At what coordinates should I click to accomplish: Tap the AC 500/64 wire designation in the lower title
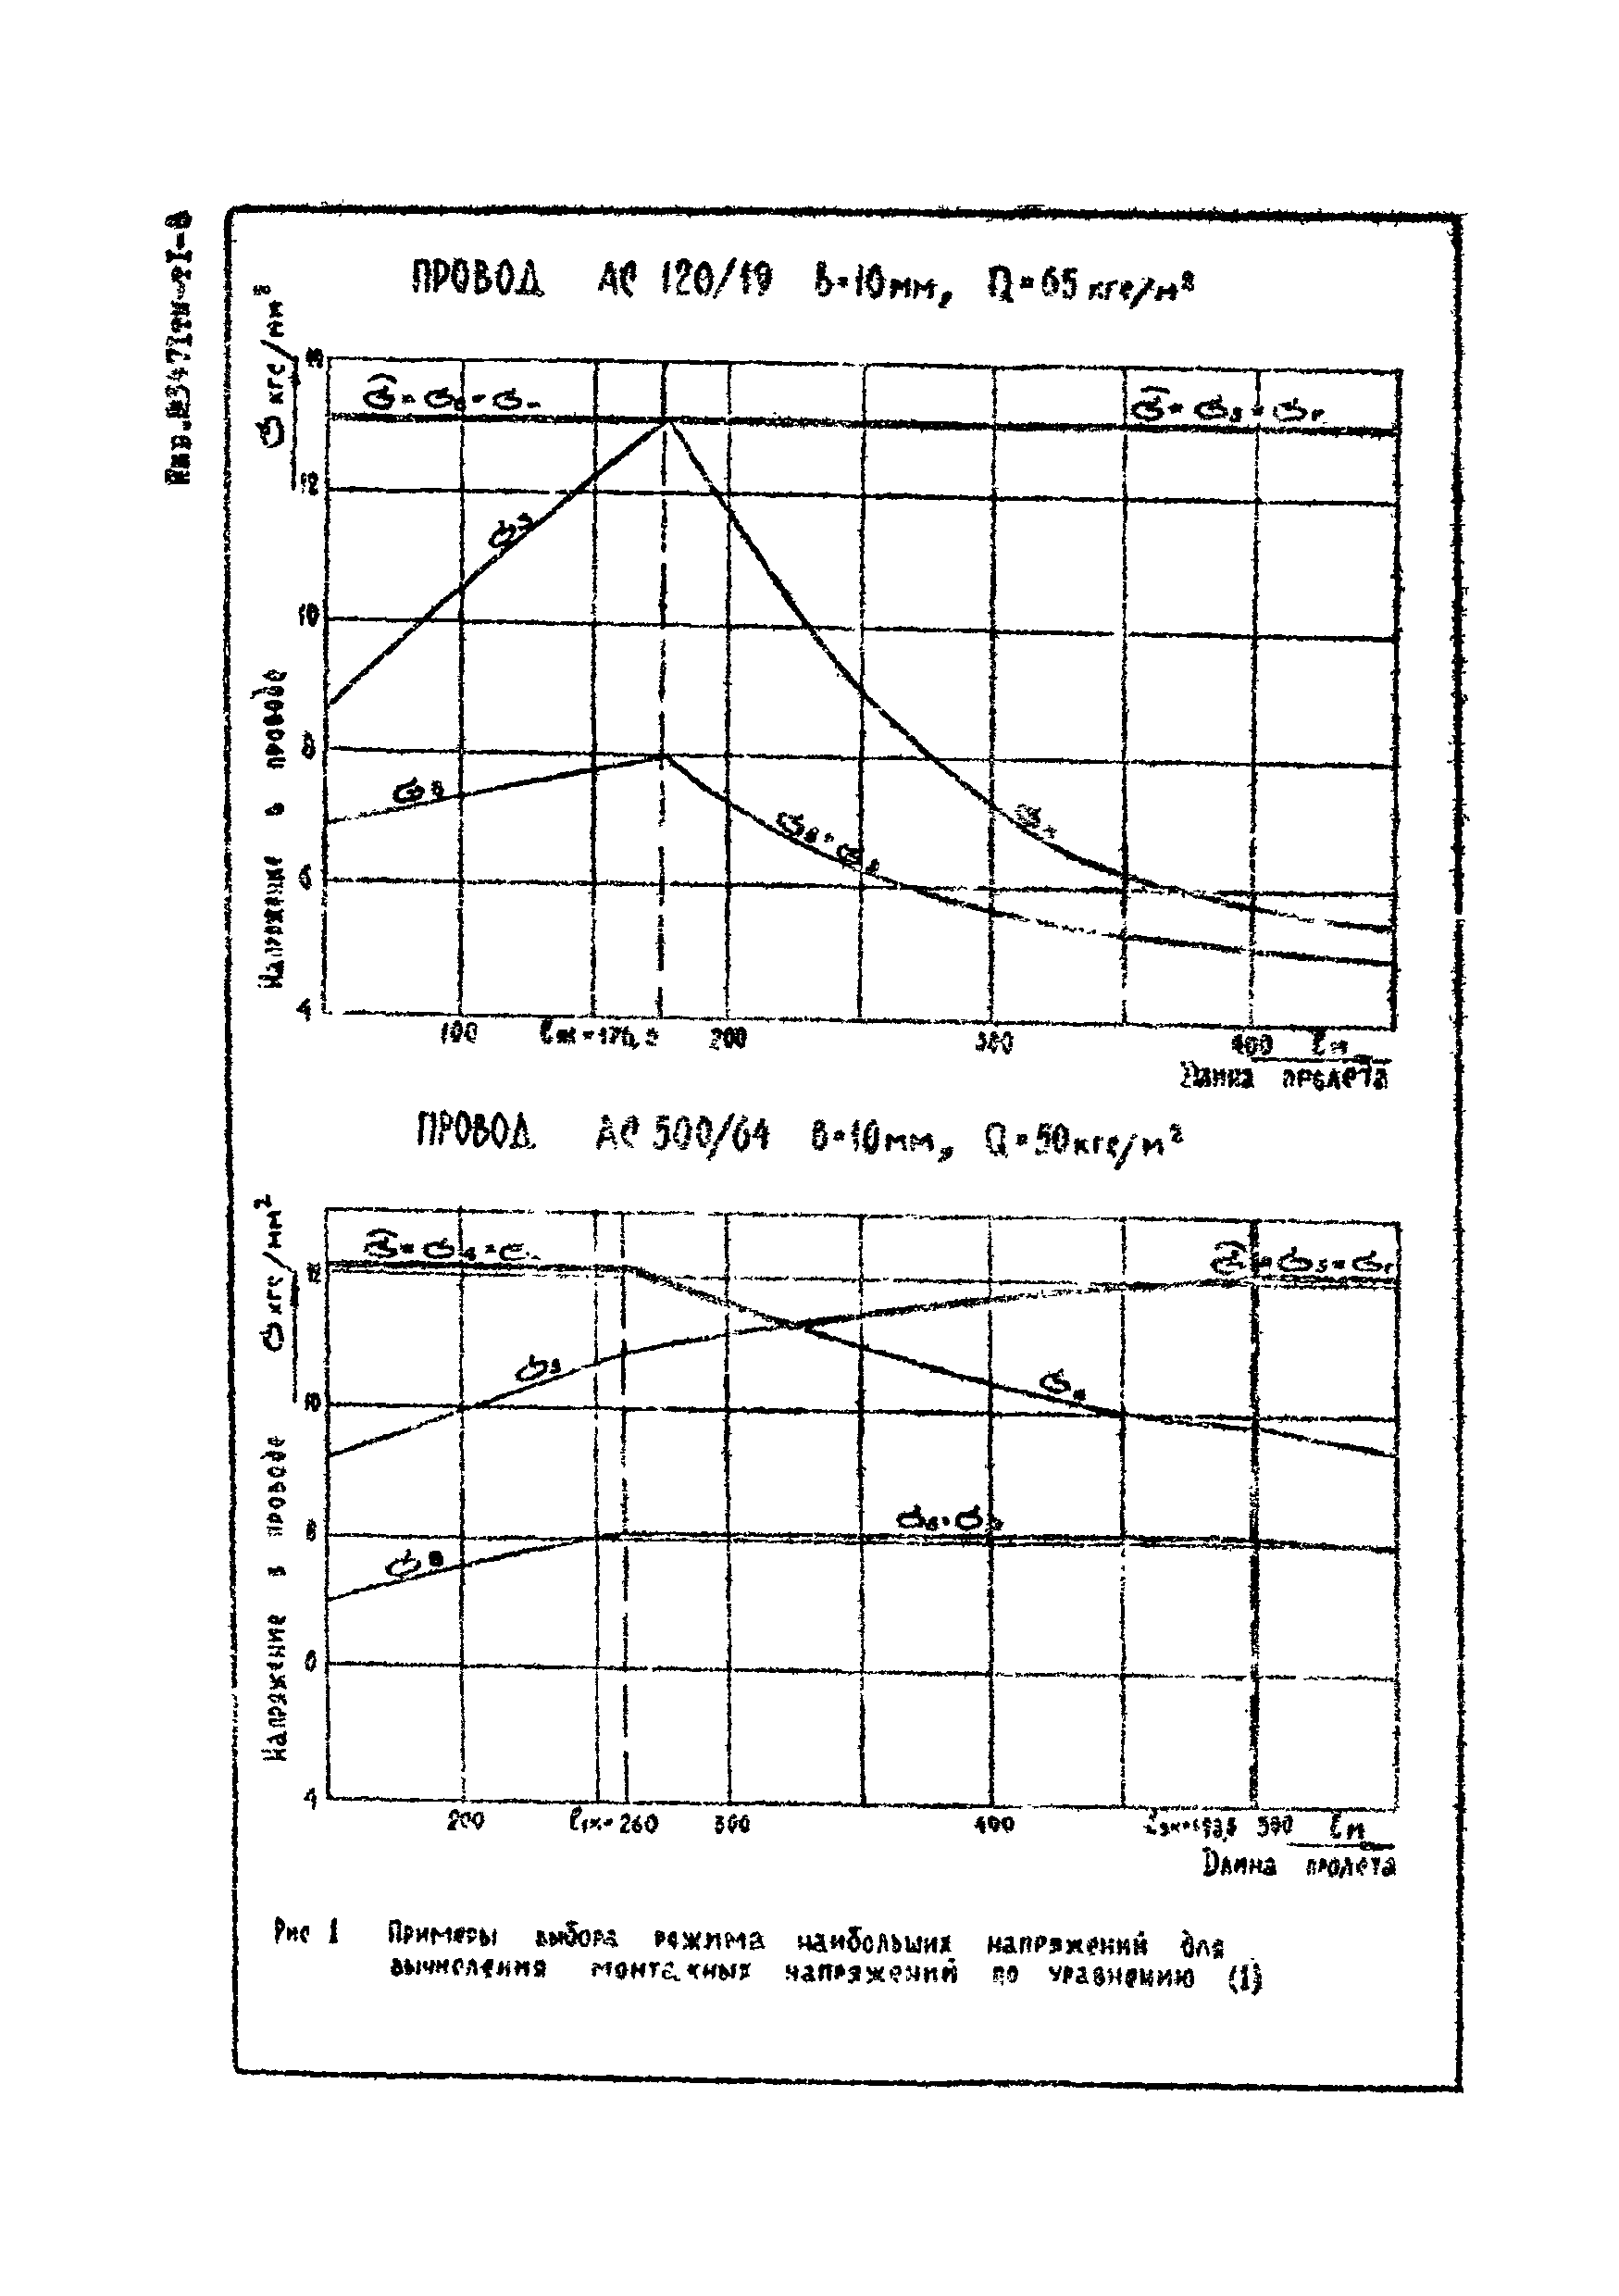tap(682, 1135)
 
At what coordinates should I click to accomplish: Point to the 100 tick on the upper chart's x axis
tap(459, 1033)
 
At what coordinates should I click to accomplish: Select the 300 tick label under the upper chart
tap(994, 1042)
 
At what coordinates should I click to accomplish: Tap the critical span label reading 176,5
tap(599, 1034)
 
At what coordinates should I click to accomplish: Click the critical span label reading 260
tap(613, 1823)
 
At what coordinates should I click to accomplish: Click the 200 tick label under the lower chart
tap(465, 1820)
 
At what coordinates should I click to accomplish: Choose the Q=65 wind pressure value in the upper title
tap(1090, 287)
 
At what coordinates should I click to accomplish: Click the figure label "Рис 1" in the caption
tap(307, 1933)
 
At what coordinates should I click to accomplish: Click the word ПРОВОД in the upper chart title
tap(477, 279)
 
